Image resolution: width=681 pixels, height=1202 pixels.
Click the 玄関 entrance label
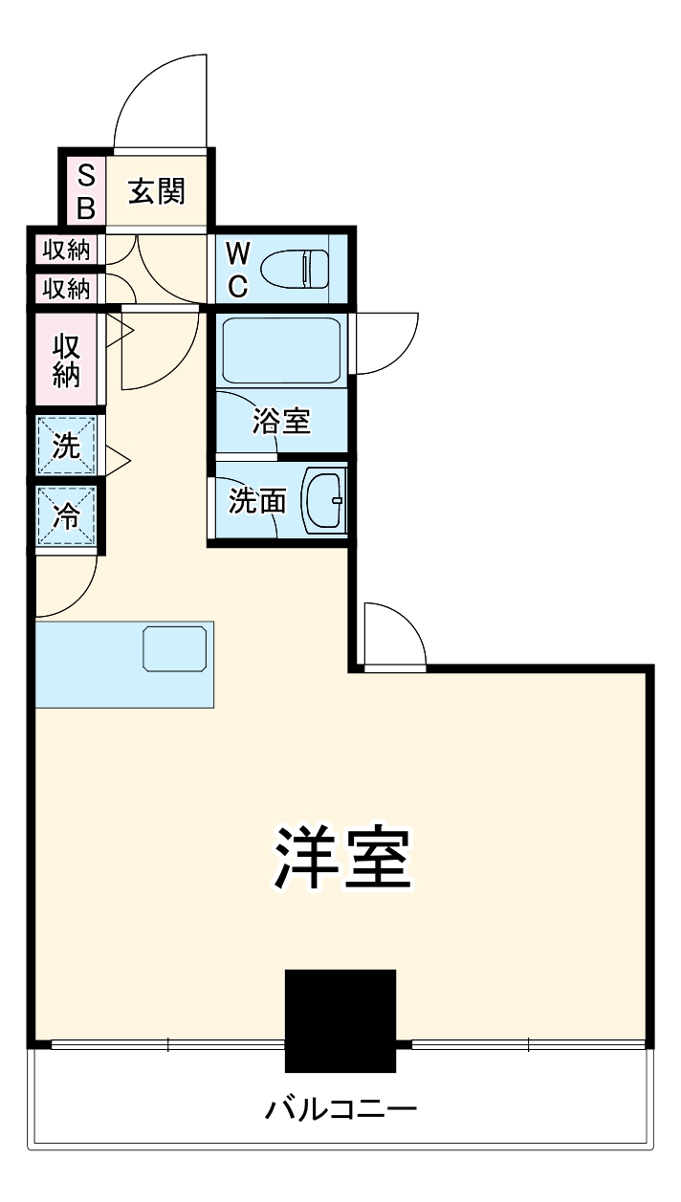pos(157,192)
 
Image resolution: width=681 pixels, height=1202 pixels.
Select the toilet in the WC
pos(296,267)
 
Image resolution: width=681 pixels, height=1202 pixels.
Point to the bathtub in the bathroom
pos(280,350)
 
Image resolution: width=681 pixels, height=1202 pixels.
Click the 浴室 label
pos(282,422)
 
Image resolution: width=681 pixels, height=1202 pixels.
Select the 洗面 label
pos(255,500)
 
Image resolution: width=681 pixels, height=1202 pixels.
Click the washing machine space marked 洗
pos(66,447)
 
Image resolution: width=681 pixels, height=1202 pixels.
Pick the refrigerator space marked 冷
pos(66,516)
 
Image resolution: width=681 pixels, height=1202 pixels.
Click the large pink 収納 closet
pos(66,361)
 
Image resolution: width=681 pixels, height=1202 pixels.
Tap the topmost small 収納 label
pos(66,251)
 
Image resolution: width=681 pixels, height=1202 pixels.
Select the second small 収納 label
pos(66,288)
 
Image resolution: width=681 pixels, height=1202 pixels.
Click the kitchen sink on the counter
pos(175,648)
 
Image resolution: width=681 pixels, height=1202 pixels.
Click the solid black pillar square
pos(340,1021)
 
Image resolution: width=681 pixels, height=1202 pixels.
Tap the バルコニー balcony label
pos(340,1110)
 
